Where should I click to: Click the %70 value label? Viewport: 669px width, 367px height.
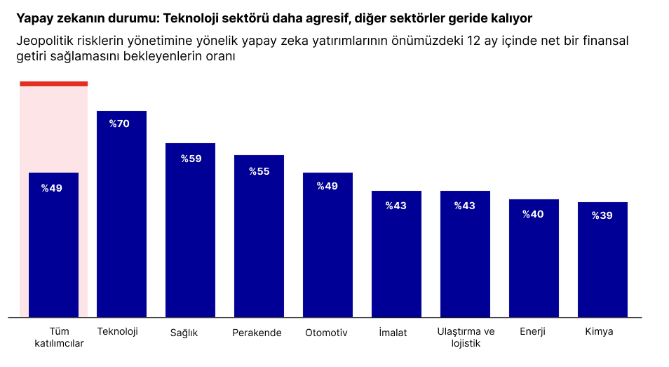[119, 124]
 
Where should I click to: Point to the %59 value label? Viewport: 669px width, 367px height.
[191, 159]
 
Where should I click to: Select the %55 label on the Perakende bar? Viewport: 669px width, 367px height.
[259, 171]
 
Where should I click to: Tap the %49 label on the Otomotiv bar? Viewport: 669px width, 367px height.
[327, 186]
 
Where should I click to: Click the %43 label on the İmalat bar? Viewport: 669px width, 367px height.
[396, 206]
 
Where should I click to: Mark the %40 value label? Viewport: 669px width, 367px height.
[533, 214]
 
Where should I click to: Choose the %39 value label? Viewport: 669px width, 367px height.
[602, 215]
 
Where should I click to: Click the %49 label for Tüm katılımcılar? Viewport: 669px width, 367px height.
[52, 188]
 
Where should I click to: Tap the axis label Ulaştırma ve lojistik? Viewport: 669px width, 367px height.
[466, 338]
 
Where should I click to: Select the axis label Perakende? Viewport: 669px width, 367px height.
[257, 333]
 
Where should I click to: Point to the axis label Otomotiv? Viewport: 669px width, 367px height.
[326, 333]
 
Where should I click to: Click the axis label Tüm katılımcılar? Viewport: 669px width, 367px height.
[59, 338]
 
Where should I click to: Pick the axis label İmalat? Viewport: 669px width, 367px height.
[392, 333]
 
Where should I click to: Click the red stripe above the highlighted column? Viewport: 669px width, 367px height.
[53, 84]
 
